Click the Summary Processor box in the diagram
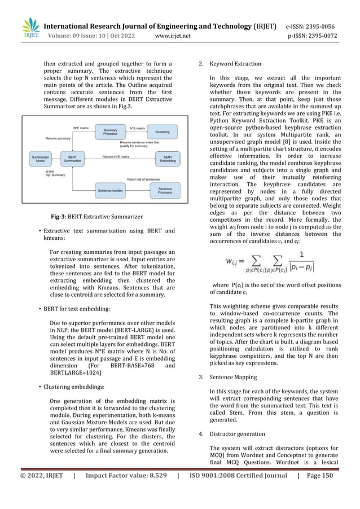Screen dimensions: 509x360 [x=110, y=131]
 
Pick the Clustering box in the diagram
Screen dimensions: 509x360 [x=162, y=131]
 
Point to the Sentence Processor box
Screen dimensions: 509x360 [x=165, y=192]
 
